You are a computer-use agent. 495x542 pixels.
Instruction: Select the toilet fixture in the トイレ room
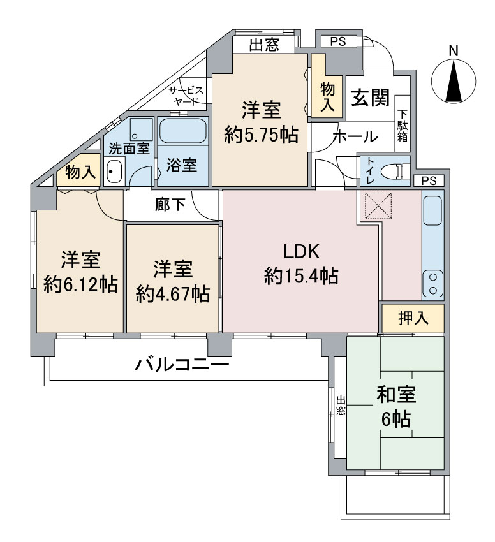click(x=395, y=170)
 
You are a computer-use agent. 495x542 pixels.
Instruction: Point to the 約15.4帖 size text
click(x=301, y=275)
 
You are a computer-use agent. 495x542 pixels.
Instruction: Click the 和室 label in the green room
click(x=396, y=395)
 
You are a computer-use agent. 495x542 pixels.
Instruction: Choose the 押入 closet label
click(x=413, y=318)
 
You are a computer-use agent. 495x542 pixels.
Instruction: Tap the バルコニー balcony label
click(x=182, y=365)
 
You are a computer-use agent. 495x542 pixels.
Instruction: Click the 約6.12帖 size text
click(x=80, y=284)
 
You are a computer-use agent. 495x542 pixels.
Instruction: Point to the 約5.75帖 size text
click(x=262, y=135)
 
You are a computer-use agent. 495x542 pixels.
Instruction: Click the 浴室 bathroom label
click(x=182, y=164)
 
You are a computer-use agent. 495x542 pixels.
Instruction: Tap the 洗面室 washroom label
click(x=128, y=149)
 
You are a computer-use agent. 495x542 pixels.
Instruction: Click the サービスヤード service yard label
click(x=186, y=96)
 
